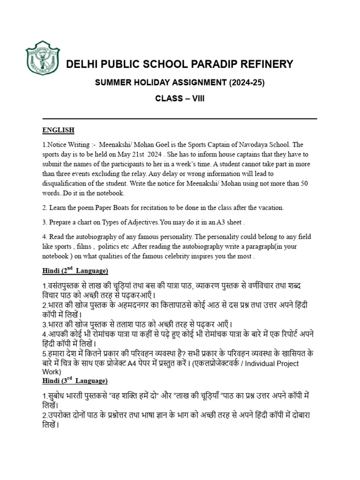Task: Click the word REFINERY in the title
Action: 265,64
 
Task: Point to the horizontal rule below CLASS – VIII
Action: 180,119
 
